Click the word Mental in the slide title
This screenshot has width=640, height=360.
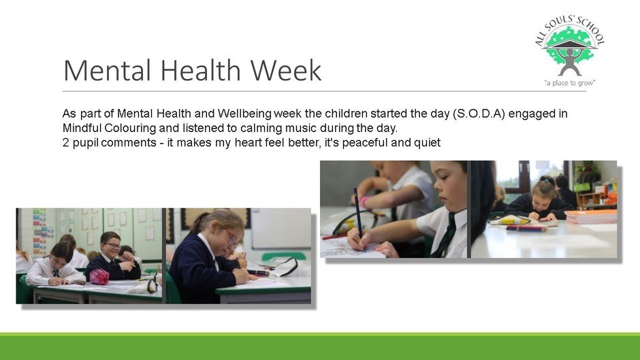point(107,70)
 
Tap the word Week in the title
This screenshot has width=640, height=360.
point(286,70)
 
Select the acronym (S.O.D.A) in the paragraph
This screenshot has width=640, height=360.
point(479,114)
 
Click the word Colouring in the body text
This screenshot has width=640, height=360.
point(130,128)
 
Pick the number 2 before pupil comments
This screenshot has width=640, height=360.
point(66,143)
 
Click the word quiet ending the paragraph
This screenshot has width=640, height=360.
point(428,143)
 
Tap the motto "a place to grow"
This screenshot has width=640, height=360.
point(570,83)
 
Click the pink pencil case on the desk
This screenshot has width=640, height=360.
point(99,277)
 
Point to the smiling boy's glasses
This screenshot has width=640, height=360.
point(112,246)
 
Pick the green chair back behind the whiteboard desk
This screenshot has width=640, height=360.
point(283,257)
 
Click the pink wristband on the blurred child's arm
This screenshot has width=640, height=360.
point(364,202)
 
